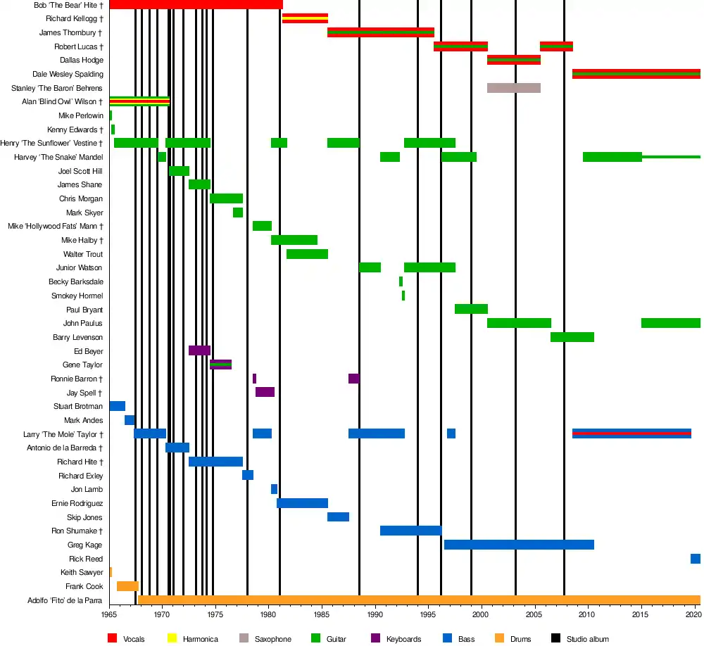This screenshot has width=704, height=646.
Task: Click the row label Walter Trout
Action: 83,254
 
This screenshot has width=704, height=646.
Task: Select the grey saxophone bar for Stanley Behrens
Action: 514,88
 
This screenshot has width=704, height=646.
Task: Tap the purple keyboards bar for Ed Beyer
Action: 199,350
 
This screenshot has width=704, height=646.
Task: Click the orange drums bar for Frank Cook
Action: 127,586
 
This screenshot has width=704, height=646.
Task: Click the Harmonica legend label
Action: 200,639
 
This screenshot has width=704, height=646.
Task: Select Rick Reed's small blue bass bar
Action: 695,559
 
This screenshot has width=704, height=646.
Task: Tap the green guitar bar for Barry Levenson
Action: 572,337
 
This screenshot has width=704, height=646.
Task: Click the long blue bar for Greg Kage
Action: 519,545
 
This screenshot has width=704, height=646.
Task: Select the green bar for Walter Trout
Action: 307,254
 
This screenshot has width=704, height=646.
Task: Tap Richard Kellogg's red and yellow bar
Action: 305,18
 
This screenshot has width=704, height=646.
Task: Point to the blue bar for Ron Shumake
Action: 410,531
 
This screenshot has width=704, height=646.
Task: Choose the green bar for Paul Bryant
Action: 471,309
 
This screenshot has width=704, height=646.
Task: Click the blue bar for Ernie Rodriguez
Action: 302,503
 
